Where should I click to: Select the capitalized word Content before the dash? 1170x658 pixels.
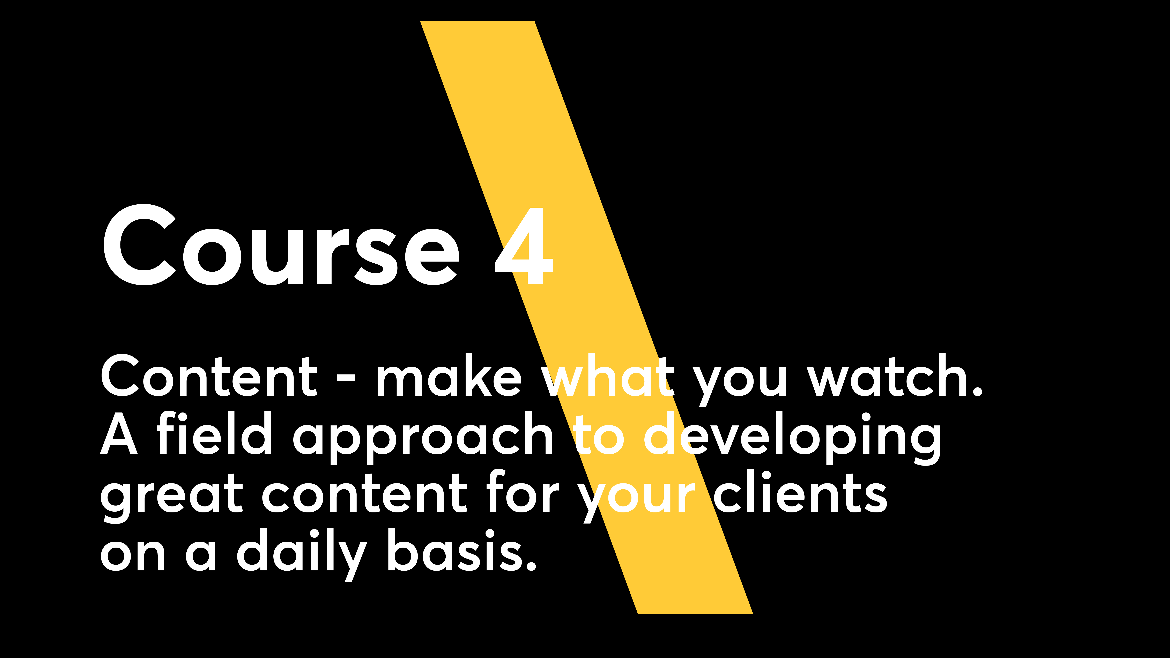(209, 375)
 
